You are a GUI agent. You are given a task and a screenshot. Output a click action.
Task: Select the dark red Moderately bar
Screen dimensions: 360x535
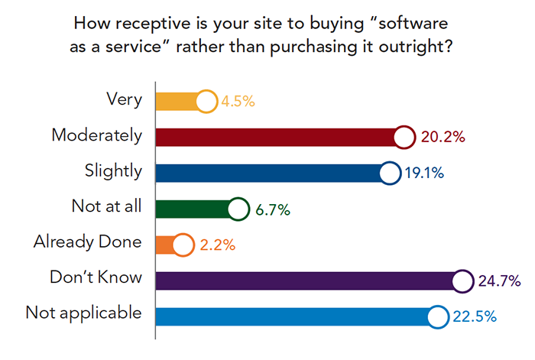click(275, 137)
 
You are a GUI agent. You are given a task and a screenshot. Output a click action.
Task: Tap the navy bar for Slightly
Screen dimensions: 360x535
click(267, 173)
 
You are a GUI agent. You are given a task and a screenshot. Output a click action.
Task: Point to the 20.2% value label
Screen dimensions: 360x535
click(443, 138)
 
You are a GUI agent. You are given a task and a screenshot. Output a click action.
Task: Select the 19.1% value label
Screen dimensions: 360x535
click(424, 174)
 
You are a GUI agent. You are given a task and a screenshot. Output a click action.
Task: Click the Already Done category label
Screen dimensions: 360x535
click(88, 242)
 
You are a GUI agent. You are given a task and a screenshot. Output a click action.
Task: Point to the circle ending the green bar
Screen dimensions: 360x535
click(238, 209)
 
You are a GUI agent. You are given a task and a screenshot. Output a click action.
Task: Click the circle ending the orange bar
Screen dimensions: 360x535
click(183, 245)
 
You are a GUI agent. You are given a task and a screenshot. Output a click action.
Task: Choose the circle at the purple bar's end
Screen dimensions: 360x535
click(462, 281)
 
